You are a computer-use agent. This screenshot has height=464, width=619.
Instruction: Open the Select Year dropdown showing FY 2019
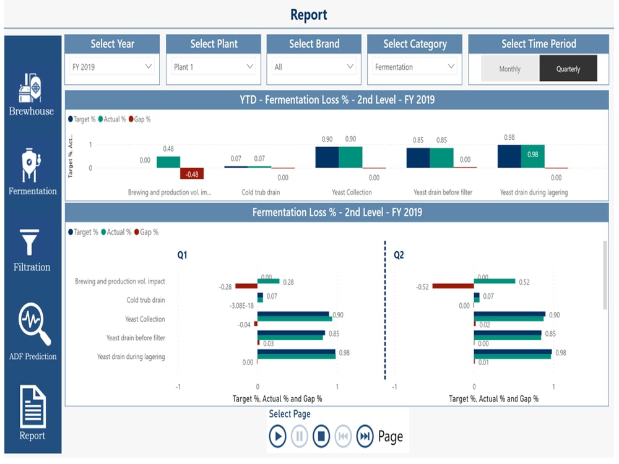(x=112, y=67)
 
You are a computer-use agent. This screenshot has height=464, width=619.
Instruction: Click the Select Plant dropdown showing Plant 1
(x=213, y=67)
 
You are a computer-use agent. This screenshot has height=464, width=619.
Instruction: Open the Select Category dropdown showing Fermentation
(x=415, y=67)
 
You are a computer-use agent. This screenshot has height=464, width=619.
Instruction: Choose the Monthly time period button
(x=510, y=69)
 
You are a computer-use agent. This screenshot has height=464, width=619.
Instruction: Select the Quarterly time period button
(x=568, y=69)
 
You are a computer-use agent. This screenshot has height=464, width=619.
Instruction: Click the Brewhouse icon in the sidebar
(x=30, y=88)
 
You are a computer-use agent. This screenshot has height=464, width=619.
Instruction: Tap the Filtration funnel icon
(x=29, y=243)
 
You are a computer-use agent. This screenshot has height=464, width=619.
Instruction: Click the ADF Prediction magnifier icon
(x=34, y=324)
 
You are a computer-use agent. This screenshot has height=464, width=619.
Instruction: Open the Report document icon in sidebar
(x=33, y=406)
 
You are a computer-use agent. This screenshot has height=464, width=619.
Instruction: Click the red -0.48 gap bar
(x=192, y=174)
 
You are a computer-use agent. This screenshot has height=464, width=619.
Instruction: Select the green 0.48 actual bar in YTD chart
(x=168, y=162)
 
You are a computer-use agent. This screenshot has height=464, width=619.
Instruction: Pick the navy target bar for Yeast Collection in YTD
(x=327, y=157)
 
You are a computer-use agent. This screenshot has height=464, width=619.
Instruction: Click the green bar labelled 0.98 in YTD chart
(x=532, y=157)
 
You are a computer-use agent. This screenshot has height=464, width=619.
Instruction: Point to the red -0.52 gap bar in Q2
(x=453, y=286)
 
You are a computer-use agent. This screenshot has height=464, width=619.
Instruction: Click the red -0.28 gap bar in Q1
(x=246, y=286)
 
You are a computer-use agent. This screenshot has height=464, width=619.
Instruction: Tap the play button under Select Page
(x=277, y=436)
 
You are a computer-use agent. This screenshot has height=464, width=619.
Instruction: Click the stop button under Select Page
(x=321, y=436)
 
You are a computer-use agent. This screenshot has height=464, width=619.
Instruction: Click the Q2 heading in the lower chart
(x=399, y=255)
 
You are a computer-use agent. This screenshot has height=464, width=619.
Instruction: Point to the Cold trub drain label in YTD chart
(x=261, y=192)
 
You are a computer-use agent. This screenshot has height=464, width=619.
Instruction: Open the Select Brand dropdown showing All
(x=314, y=67)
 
